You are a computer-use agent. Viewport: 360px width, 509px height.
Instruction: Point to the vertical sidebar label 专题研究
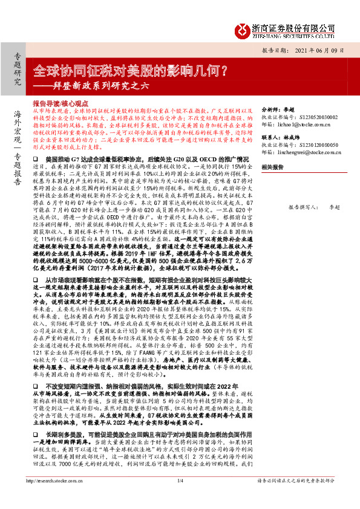(x=16, y=68)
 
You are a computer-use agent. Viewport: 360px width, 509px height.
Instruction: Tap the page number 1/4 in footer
(x=180, y=498)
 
